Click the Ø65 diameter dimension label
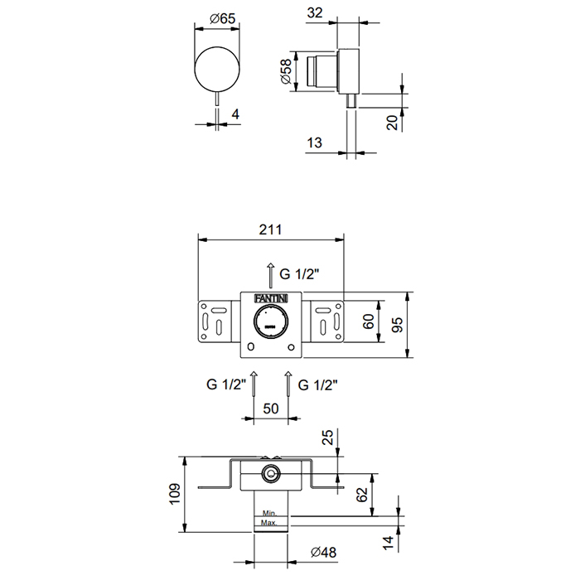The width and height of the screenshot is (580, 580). [x=222, y=18]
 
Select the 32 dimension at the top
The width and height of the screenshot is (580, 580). [x=315, y=13]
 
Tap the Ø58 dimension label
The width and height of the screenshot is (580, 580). [x=286, y=71]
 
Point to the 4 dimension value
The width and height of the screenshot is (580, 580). [x=235, y=114]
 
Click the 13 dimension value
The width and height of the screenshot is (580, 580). [x=314, y=143]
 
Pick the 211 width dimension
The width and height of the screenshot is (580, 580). [x=270, y=230]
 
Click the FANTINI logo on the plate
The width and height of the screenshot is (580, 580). [x=271, y=298]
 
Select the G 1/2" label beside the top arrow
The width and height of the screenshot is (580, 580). [x=299, y=274]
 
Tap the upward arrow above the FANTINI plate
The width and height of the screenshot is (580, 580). [x=271, y=275]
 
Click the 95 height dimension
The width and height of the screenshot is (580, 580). [x=397, y=325]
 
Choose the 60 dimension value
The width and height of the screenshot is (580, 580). [x=369, y=321]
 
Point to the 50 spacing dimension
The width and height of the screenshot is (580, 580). [x=271, y=408]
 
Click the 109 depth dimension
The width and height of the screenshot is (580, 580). [x=174, y=494]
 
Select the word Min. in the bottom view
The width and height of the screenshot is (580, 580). [x=269, y=513]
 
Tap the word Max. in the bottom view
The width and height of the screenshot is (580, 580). [x=269, y=523]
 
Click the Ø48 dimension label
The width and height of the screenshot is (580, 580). [x=324, y=553]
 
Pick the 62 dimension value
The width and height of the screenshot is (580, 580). [x=362, y=495]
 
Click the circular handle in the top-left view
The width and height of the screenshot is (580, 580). [x=217, y=69]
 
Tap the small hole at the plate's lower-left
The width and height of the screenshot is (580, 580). [x=251, y=347]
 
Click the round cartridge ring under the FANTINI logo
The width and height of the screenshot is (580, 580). [x=271, y=321]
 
